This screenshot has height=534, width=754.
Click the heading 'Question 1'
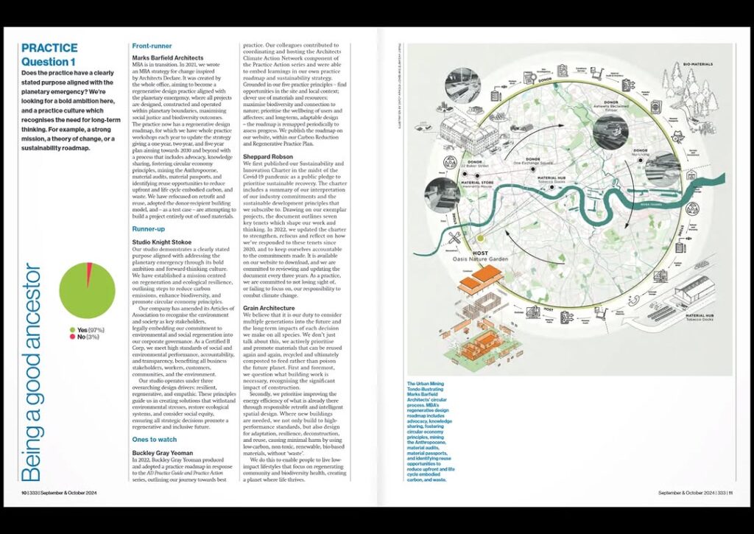[x=49, y=62]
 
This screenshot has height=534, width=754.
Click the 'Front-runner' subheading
[x=152, y=46]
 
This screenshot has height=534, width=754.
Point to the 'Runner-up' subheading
[x=148, y=228]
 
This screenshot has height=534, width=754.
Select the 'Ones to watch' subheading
[x=155, y=439]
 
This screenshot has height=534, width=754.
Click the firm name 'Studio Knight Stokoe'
[x=162, y=242]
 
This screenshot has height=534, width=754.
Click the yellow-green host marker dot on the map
[x=482, y=238]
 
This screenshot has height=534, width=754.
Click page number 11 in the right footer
[x=731, y=493]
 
